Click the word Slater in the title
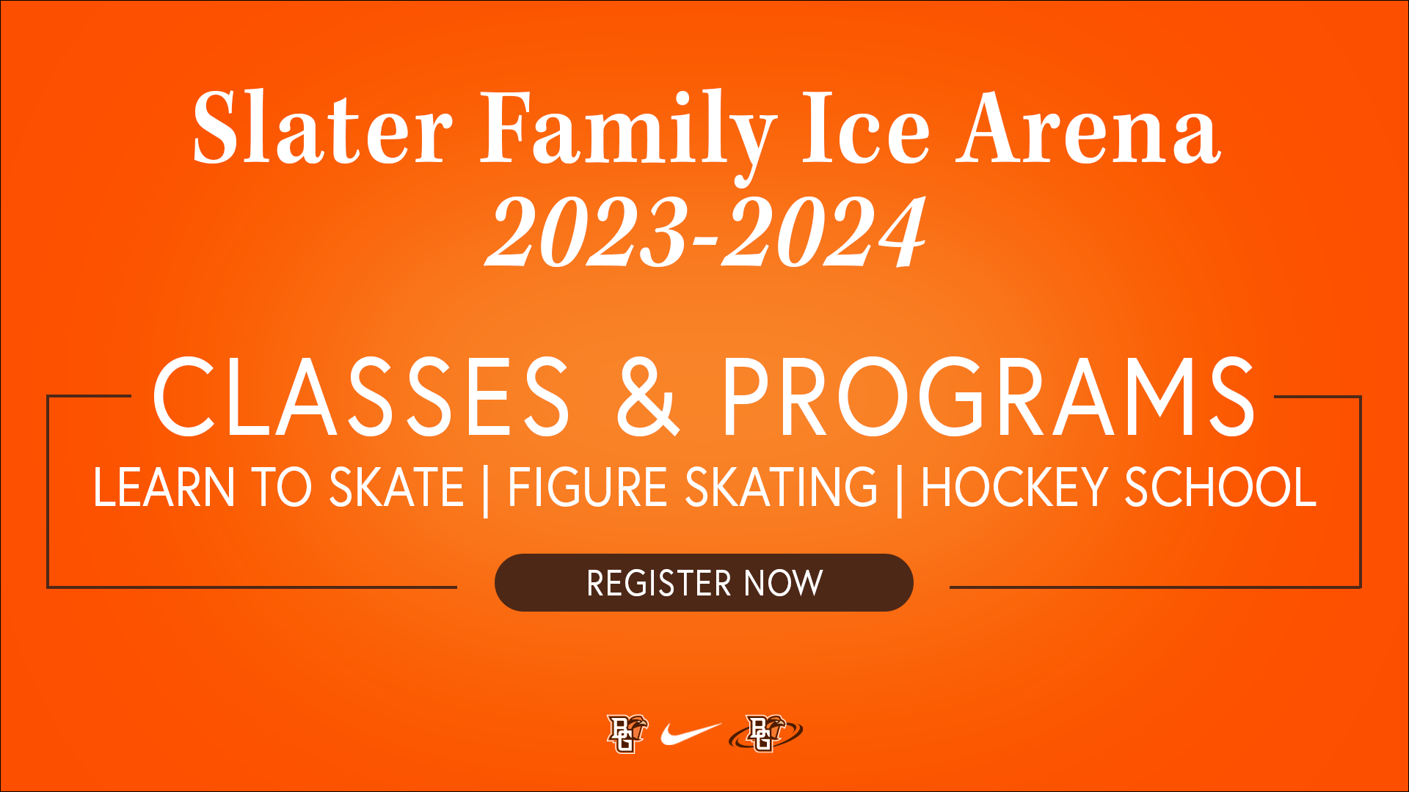tap(322, 128)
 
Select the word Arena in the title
tap(1088, 128)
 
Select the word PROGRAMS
tap(989, 397)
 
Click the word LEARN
tap(163, 488)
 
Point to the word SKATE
tap(396, 488)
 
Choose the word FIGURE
tap(587, 488)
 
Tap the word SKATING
tap(781, 488)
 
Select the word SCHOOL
tap(1220, 488)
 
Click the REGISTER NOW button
tap(704, 583)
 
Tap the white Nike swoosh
tap(690, 733)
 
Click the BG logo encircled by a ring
tap(765, 733)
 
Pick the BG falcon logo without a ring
tap(627, 733)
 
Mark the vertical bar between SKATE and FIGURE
tap(486, 490)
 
